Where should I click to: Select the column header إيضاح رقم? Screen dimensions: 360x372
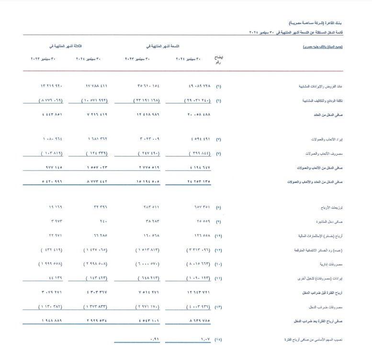(x=218, y=60)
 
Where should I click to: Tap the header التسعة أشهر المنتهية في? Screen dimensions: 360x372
(x=163, y=46)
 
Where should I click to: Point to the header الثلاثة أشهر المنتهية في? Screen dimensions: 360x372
(x=65, y=46)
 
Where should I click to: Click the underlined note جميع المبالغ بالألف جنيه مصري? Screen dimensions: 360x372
(x=323, y=47)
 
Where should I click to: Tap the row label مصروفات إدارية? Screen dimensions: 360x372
(x=331, y=264)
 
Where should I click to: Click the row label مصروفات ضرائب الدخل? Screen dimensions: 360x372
(x=327, y=307)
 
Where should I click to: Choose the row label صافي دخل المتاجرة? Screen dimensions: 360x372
(x=330, y=222)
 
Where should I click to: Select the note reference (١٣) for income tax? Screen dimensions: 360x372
(x=218, y=307)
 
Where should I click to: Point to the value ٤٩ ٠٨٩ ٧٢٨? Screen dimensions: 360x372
(x=197, y=86)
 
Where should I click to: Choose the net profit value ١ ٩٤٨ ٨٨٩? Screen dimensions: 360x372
(x=52, y=321)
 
